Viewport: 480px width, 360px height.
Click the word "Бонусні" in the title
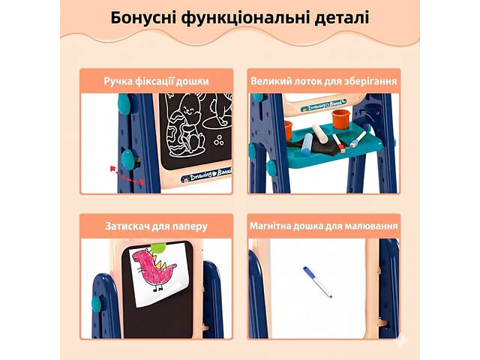tap(143, 18)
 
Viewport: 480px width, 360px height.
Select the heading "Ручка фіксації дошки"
tap(157, 81)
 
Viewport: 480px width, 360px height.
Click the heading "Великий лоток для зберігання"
tap(324, 81)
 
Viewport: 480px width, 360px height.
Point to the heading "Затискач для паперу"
tap(157, 226)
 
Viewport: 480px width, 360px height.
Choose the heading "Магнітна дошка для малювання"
tap(324, 226)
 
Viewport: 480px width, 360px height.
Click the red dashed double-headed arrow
tap(127, 175)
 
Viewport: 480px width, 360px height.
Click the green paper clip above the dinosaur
tap(158, 247)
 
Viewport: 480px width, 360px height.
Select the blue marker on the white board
tap(317, 282)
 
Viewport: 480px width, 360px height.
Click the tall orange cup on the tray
tap(340, 118)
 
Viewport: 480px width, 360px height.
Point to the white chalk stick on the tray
tap(320, 133)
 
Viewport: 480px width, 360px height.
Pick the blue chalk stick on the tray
tap(307, 145)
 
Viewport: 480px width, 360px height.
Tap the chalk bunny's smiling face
tap(190, 109)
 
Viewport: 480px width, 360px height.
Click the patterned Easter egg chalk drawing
tap(178, 133)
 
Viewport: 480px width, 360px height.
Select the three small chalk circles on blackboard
tap(219, 140)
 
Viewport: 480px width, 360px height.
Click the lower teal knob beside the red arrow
tap(128, 159)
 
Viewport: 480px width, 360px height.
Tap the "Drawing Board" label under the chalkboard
tap(206, 175)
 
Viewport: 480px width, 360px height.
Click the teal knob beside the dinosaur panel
tap(96, 304)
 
